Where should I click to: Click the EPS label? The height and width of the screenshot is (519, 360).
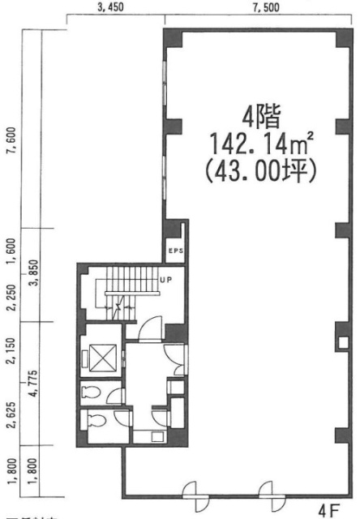coord(176,251)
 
